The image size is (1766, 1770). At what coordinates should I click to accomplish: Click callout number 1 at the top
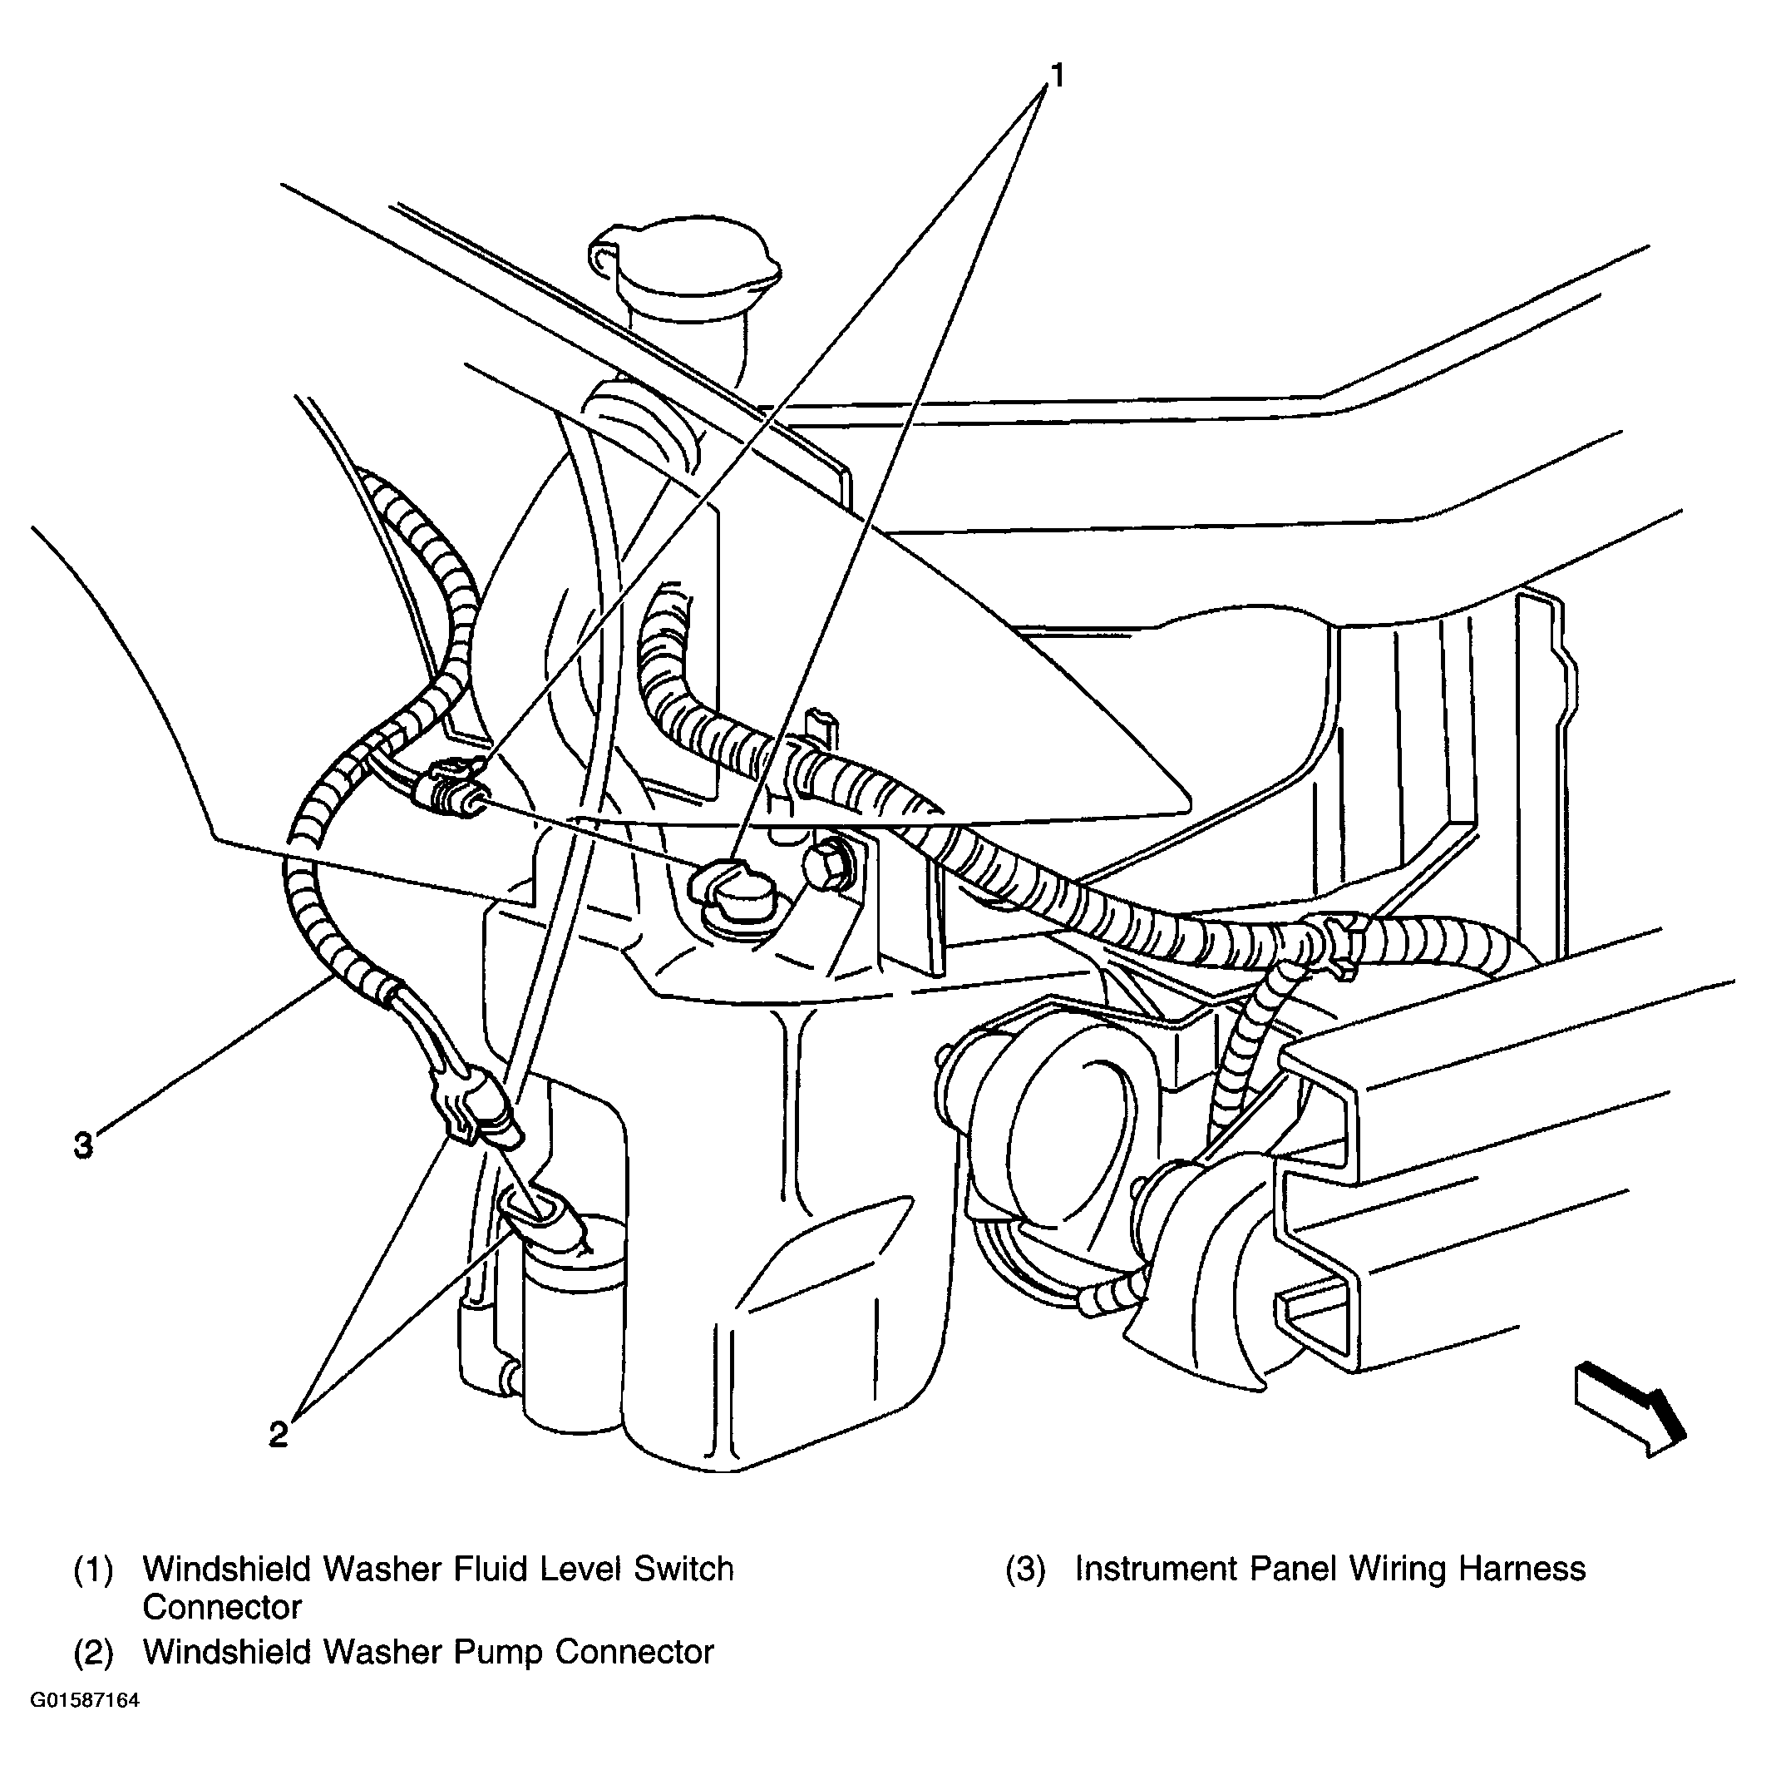[x=1058, y=75]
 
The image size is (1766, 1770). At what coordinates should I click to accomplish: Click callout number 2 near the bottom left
[x=279, y=1434]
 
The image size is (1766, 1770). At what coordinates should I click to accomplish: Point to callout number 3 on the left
[x=83, y=1145]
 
